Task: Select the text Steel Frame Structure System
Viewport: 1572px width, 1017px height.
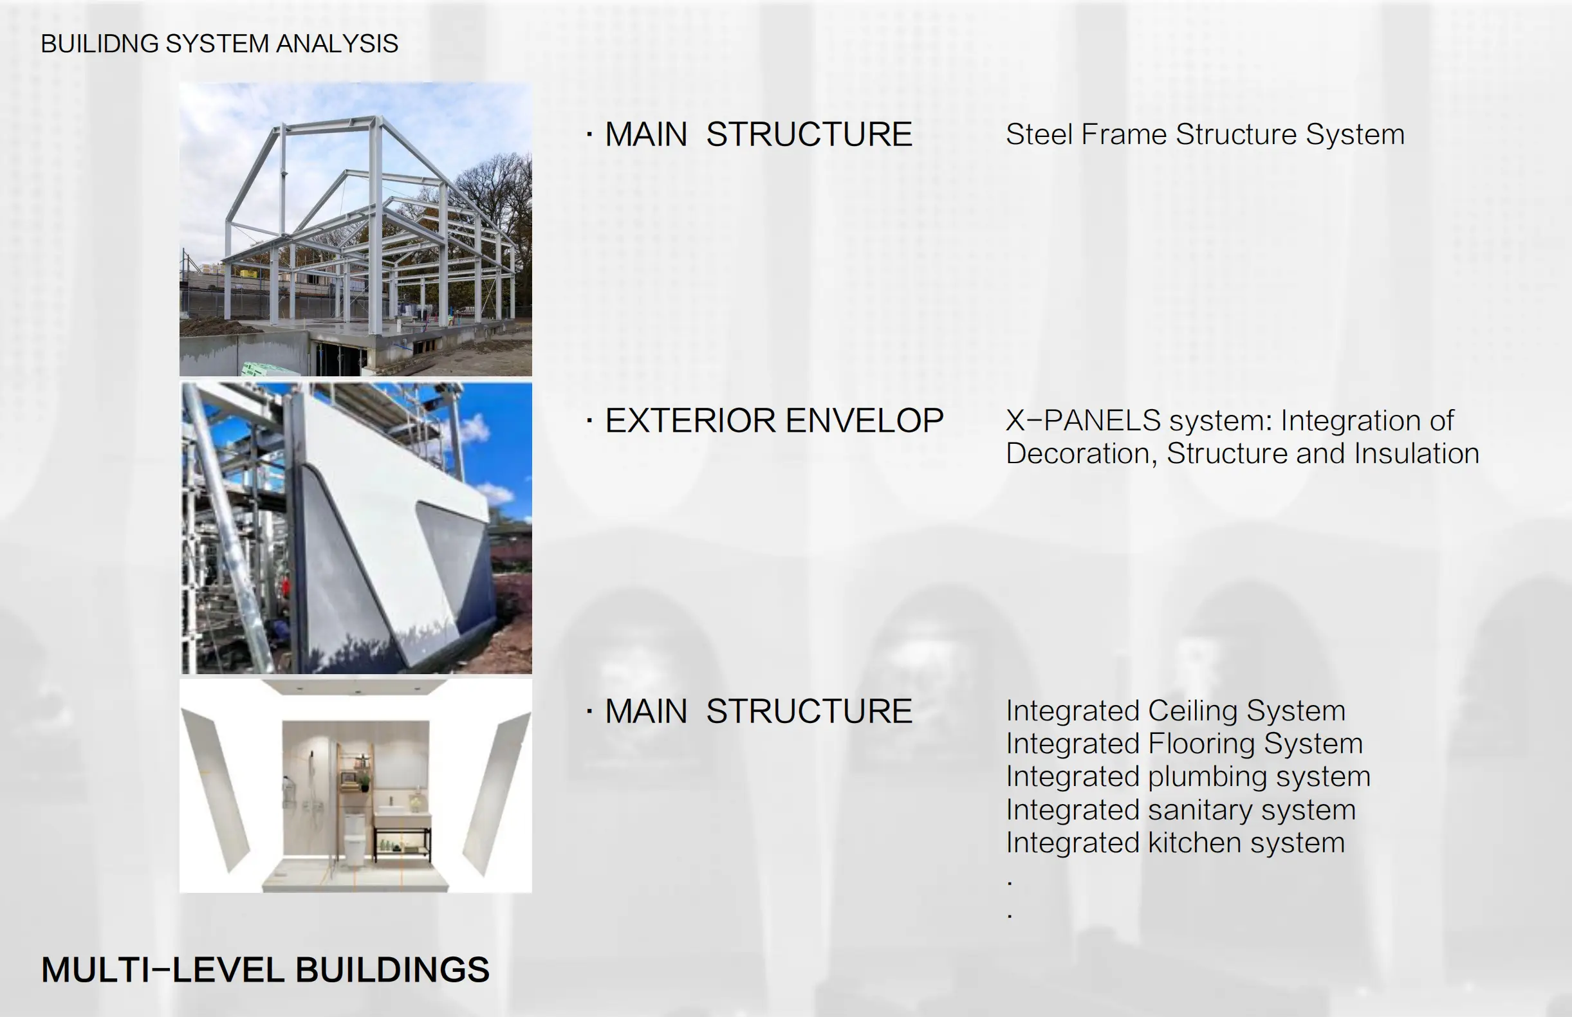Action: click(x=1205, y=135)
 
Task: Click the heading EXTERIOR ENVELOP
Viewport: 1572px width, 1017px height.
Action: click(x=774, y=421)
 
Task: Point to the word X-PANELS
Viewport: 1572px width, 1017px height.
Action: click(x=1083, y=421)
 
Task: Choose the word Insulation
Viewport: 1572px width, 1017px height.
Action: click(x=1416, y=454)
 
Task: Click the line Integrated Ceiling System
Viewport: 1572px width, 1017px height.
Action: click(x=1176, y=711)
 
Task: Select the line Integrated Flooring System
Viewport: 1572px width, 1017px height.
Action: click(x=1184, y=744)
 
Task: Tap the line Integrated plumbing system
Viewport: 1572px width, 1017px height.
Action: click(x=1188, y=777)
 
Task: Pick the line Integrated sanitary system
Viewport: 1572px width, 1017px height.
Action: click(x=1181, y=811)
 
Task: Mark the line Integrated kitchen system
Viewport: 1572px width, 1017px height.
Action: click(x=1176, y=843)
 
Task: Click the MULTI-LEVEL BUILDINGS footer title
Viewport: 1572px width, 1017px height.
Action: click(x=265, y=970)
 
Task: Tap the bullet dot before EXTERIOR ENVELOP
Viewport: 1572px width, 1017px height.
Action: click(x=589, y=421)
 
